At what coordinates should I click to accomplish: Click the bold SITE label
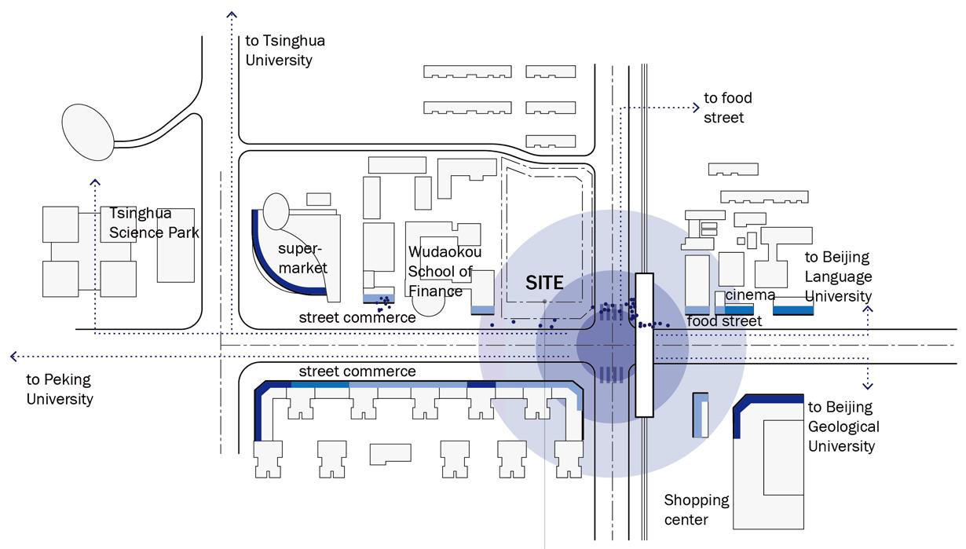544,283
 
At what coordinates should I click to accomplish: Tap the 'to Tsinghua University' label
284,50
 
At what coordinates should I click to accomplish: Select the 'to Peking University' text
60,389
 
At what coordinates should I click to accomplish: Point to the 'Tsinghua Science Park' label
154,222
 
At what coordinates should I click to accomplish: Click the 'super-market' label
302,258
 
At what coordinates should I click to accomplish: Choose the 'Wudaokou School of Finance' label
445,272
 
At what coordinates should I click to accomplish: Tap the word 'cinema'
750,295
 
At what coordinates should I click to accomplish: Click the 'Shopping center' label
697,510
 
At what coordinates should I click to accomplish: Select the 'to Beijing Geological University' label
842,426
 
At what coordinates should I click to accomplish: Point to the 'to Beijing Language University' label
838,276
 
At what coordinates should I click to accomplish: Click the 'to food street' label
727,108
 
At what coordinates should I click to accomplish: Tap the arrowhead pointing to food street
695,108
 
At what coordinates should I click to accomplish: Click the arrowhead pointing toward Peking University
14,357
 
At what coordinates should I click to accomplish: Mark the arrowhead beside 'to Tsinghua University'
231,14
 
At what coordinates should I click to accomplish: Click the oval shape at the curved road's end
88,133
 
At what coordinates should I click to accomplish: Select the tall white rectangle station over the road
644,345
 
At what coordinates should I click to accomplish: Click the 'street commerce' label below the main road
357,371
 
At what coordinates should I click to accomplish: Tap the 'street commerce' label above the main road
357,318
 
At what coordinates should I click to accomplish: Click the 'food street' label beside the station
724,321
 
